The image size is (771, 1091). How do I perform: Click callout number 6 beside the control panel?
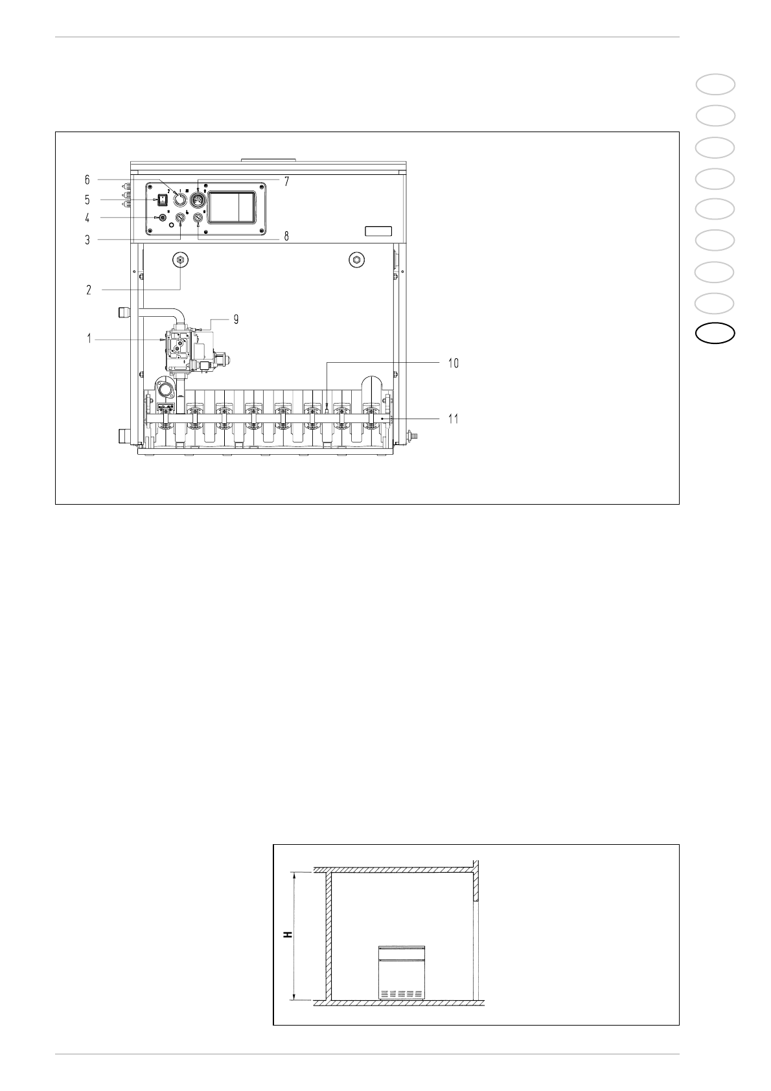[x=87, y=179]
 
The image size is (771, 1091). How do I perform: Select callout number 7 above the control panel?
[x=287, y=181]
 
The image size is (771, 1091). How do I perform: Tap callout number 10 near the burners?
[x=453, y=363]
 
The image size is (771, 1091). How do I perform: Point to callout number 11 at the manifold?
[x=453, y=419]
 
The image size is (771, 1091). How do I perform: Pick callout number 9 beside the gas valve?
[x=236, y=319]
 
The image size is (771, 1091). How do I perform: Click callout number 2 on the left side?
[x=89, y=290]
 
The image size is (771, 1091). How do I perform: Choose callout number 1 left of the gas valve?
[x=89, y=338]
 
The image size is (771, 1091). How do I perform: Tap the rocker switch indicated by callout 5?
[x=161, y=200]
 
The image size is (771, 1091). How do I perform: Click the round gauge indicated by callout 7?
[x=198, y=200]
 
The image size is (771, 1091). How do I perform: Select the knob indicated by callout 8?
[x=198, y=219]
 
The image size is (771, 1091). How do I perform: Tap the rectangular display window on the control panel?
[x=232, y=207]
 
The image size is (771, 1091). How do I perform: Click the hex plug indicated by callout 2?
[x=180, y=260]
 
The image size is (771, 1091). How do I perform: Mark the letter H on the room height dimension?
[x=288, y=935]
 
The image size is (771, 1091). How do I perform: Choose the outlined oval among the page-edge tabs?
[x=715, y=334]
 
